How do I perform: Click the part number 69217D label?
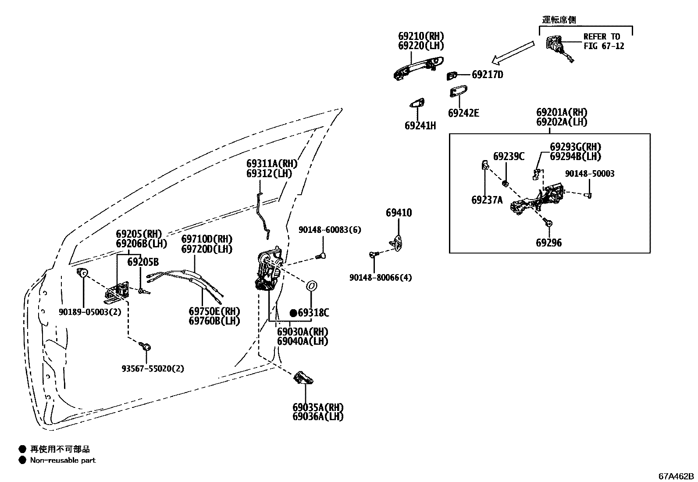point(487,75)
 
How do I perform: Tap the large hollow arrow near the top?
point(513,51)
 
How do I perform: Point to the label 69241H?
point(420,126)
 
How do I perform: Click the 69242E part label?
point(463,113)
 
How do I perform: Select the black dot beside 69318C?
point(293,313)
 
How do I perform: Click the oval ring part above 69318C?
point(311,286)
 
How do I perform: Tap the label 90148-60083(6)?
point(330,230)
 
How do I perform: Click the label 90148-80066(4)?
point(381,278)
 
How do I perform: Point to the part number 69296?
point(548,243)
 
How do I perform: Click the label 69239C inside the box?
point(509,157)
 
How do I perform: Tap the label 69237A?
point(487,200)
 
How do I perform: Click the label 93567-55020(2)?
point(153,369)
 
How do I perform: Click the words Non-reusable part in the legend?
point(63,460)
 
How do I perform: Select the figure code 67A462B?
point(676,476)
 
